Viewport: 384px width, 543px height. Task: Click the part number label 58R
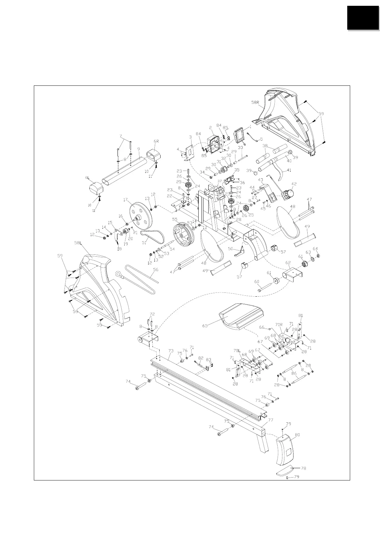tap(255, 103)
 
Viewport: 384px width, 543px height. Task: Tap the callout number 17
tap(125, 200)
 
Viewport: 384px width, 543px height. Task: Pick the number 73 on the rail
tap(171, 351)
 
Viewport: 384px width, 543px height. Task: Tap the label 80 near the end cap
tap(297, 435)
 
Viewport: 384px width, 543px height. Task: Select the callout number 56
tap(156, 270)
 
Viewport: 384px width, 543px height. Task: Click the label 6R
tap(156, 141)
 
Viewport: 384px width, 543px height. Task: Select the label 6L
tap(87, 178)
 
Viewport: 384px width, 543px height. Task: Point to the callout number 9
tap(138, 149)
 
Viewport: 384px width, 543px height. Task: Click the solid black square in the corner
tap(363, 18)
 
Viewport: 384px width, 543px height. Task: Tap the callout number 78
tap(303, 468)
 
